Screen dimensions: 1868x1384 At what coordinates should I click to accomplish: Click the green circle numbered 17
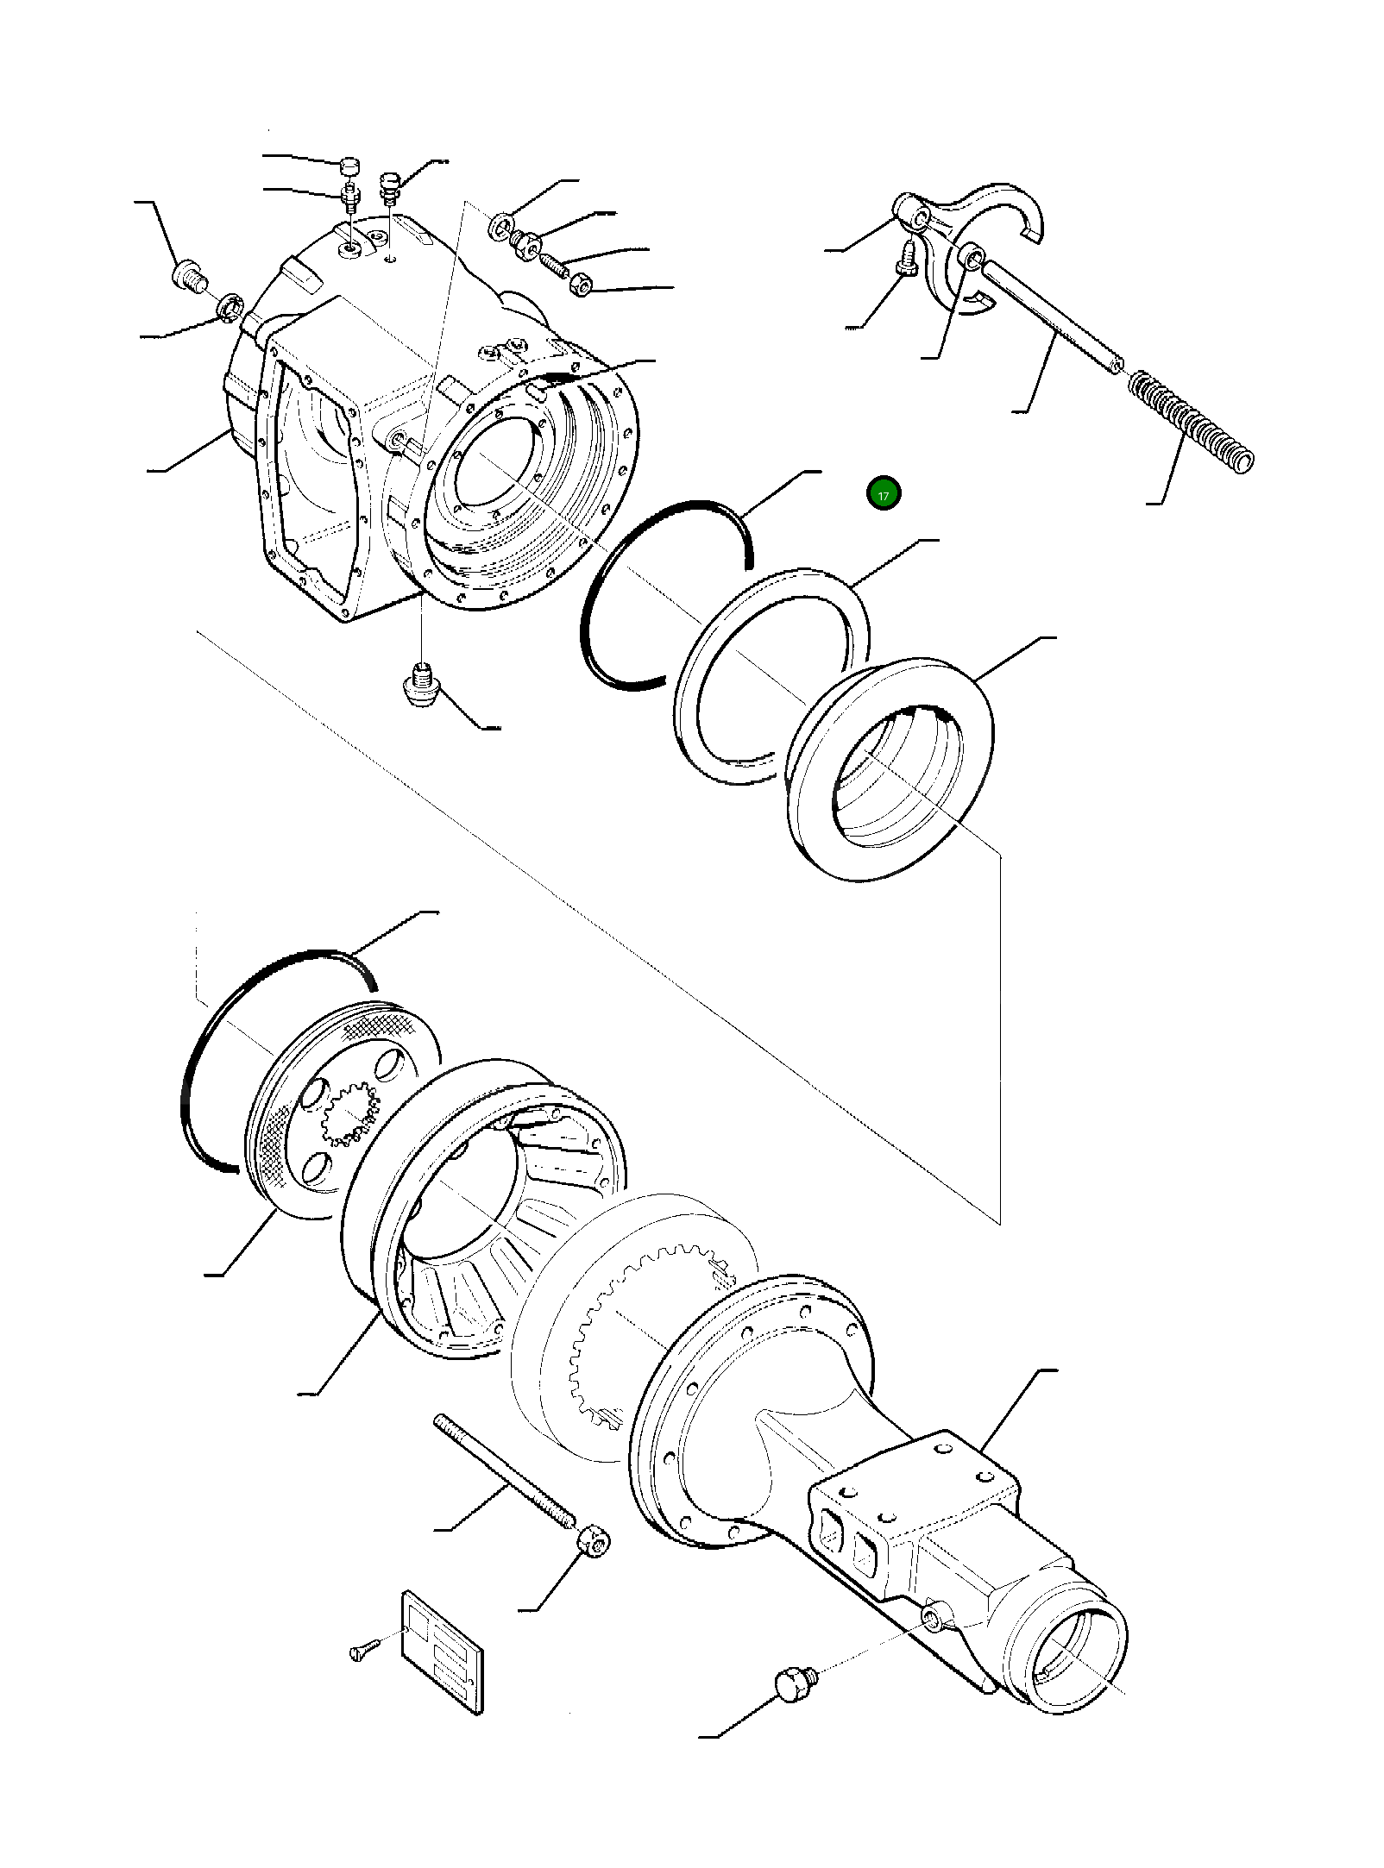click(x=883, y=494)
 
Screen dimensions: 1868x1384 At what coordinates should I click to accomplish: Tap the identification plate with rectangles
click(x=442, y=1652)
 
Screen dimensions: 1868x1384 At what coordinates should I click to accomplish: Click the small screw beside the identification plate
click(x=365, y=1652)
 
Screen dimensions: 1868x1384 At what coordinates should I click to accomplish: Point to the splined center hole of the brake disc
click(x=349, y=1113)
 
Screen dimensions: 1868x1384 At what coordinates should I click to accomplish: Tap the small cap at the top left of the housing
click(x=348, y=166)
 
